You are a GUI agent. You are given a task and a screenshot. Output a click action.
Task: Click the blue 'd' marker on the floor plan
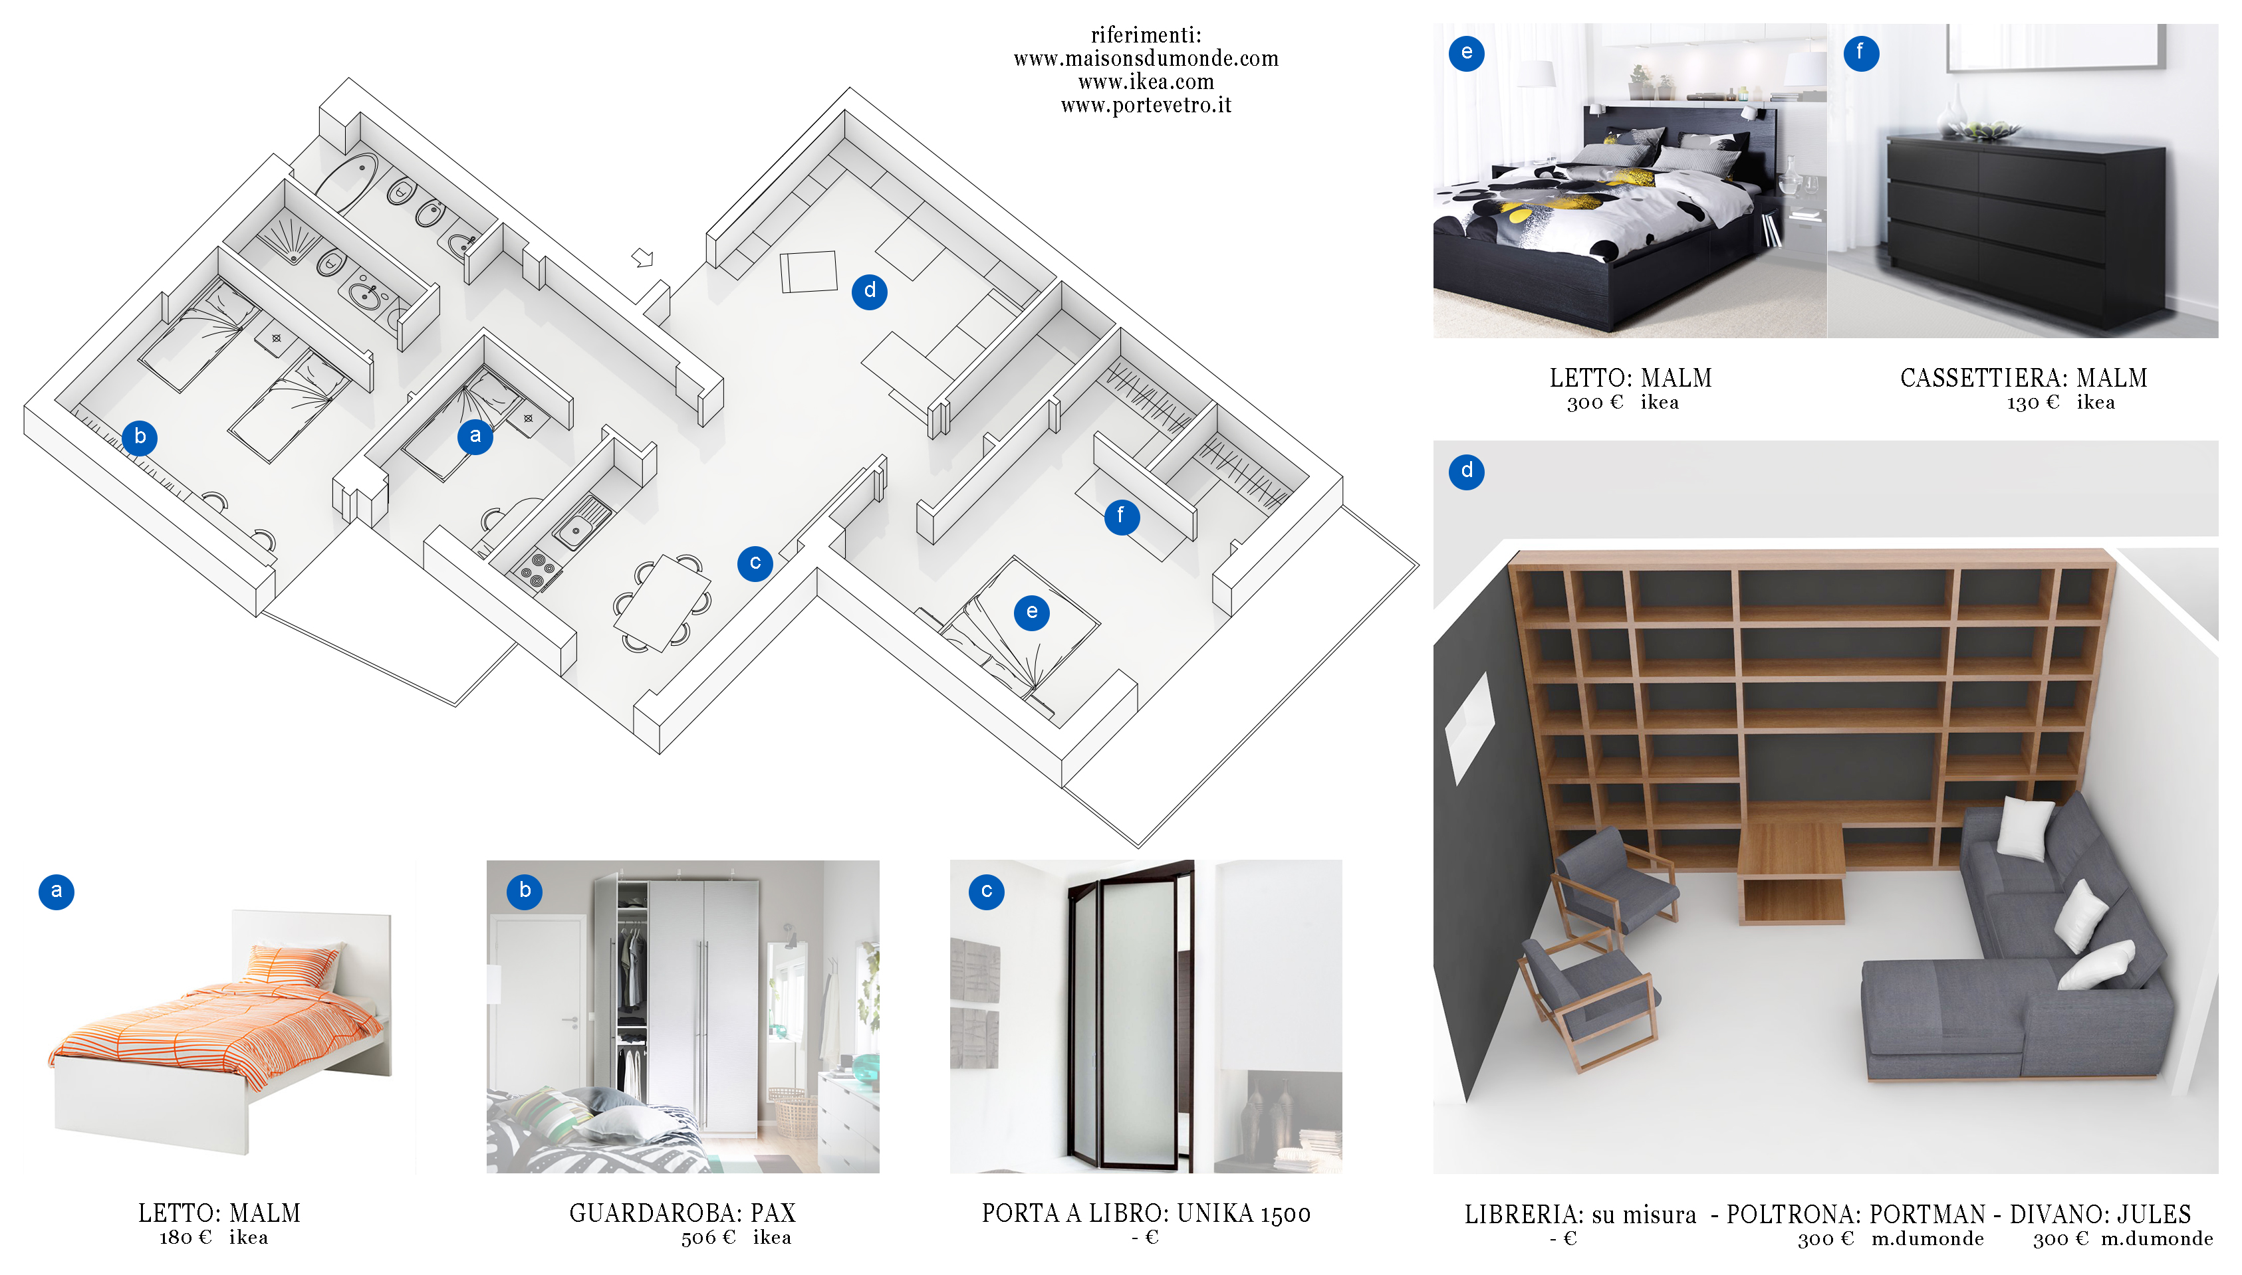(x=869, y=291)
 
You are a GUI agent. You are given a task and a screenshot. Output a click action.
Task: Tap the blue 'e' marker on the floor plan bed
(x=1031, y=612)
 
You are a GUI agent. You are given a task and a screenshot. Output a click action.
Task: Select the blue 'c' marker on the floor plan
(x=755, y=563)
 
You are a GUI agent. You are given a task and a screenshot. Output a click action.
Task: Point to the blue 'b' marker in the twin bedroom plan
(x=140, y=437)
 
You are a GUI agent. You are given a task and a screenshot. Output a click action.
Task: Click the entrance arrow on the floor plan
(x=643, y=257)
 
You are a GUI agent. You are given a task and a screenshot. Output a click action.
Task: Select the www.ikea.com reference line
(x=1146, y=82)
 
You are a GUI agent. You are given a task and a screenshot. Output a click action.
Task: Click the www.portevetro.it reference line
(x=1146, y=106)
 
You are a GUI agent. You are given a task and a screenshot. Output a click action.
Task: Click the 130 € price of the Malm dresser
(x=2033, y=402)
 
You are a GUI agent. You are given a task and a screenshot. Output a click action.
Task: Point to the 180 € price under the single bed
(x=185, y=1237)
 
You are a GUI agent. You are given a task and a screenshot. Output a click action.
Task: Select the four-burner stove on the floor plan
(x=536, y=567)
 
